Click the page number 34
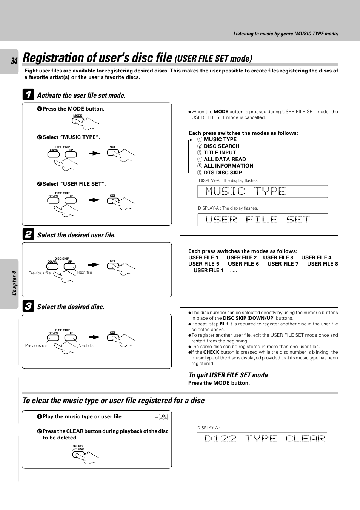point(14,61)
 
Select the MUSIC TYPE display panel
point(263,191)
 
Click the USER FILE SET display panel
point(263,220)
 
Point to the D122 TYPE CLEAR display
point(262,439)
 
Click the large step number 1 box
point(28,95)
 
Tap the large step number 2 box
point(28,234)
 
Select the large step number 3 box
point(28,306)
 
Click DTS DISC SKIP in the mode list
point(223,173)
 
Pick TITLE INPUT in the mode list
point(220,153)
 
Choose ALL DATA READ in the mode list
point(225,159)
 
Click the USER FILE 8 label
point(322,264)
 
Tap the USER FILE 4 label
point(316,257)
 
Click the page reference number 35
point(163,417)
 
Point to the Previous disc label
point(37,345)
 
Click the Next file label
point(84,272)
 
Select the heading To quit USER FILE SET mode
point(228,375)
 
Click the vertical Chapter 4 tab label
point(14,283)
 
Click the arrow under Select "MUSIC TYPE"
point(94,153)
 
